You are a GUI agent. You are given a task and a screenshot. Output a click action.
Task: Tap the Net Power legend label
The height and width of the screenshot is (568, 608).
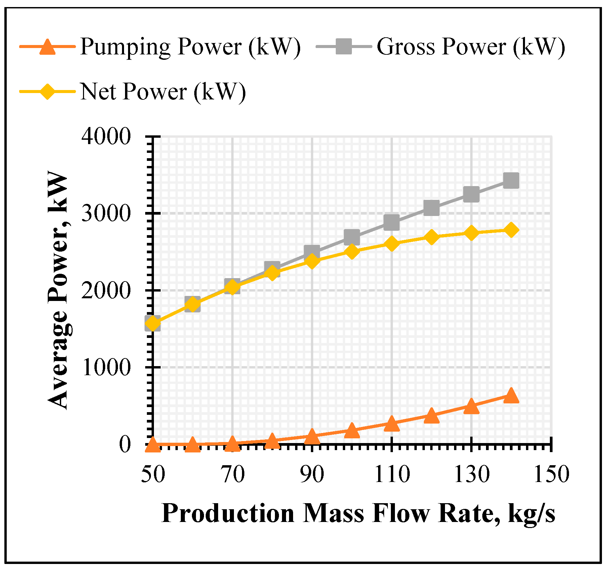(163, 91)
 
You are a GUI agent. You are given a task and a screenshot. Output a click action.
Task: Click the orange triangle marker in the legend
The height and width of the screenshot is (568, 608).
(47, 47)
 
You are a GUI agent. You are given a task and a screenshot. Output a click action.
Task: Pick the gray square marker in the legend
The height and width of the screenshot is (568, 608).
(343, 46)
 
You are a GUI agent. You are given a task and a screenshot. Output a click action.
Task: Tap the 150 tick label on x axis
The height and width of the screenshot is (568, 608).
(551, 475)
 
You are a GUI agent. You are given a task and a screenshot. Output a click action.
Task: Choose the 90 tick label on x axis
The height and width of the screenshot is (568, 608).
(312, 475)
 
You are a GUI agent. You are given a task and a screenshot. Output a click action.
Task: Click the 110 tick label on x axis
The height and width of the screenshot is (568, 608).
(392, 475)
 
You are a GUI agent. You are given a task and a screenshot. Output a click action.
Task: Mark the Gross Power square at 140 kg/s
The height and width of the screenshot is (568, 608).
(511, 181)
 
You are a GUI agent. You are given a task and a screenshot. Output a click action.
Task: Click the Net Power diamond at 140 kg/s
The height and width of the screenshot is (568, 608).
(511, 230)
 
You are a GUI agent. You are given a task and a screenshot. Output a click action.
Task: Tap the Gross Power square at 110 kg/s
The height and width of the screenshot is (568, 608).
(392, 222)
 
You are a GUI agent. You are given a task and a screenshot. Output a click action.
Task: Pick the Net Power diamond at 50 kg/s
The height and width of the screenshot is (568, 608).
(153, 323)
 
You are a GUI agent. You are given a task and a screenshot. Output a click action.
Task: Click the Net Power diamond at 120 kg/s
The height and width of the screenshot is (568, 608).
(431, 237)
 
